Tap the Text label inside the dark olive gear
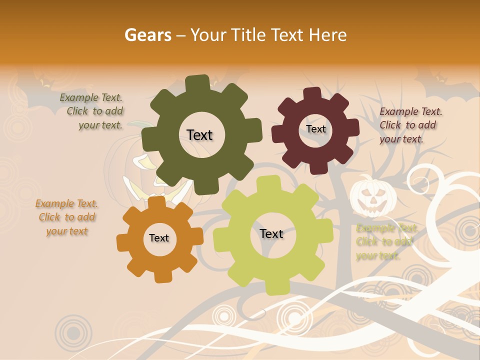(x=199, y=135)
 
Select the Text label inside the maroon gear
(x=315, y=129)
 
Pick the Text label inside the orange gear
(x=159, y=238)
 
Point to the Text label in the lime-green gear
(x=271, y=233)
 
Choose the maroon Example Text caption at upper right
(x=410, y=125)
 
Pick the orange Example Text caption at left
(x=66, y=217)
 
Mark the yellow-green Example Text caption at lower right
(x=385, y=242)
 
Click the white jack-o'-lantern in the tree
(x=370, y=196)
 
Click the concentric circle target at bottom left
(x=73, y=331)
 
